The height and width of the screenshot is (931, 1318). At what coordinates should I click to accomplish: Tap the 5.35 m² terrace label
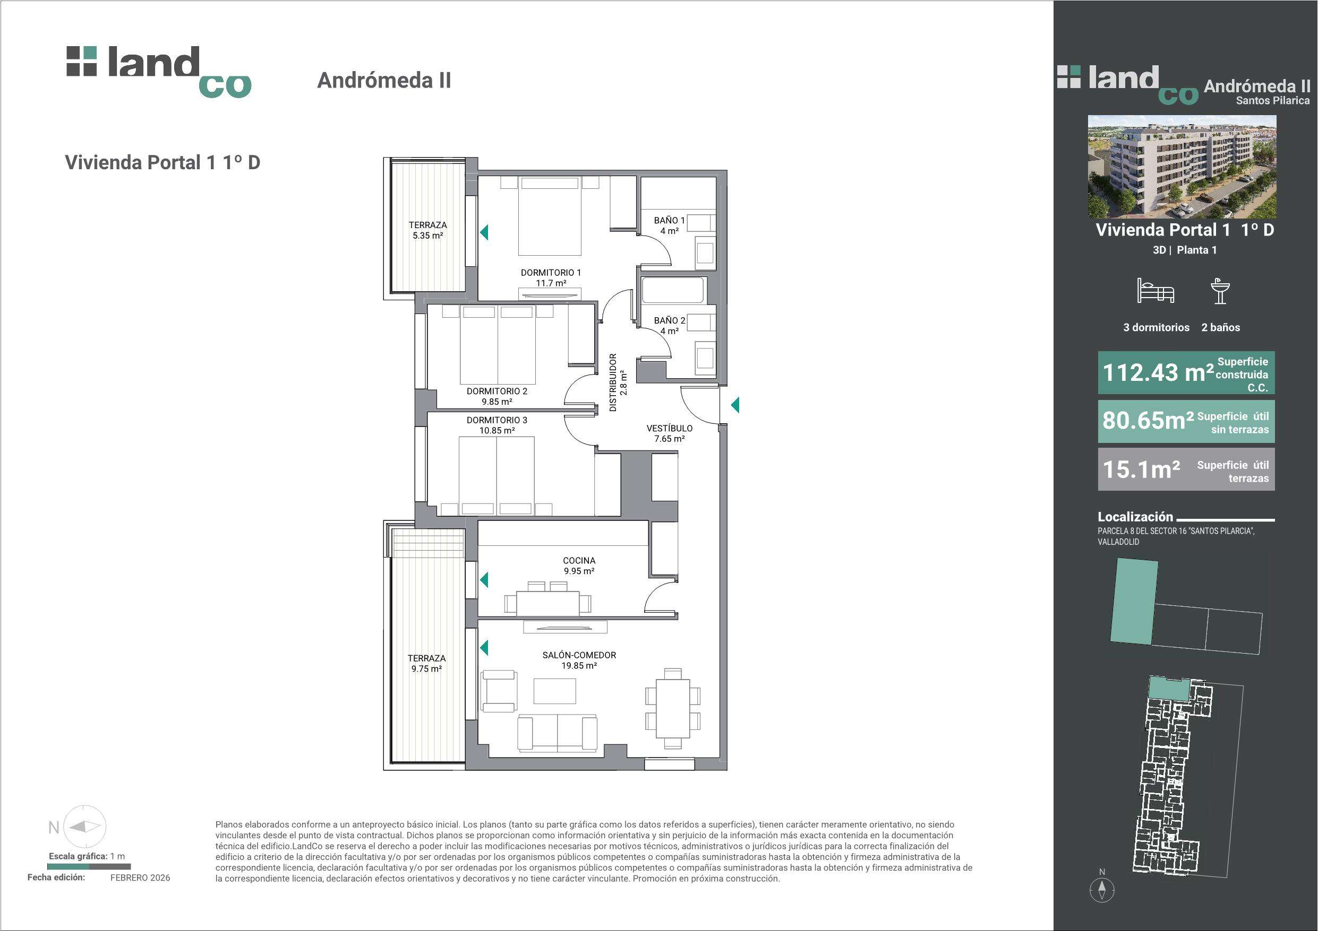coord(427,235)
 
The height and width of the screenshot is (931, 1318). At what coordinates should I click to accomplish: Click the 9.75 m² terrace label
coord(426,668)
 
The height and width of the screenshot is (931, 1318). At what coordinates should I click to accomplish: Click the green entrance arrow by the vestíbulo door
coord(735,405)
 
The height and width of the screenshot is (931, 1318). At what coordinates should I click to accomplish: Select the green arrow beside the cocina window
coord(484,580)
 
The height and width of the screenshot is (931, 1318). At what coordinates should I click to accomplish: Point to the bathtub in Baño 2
coord(673,290)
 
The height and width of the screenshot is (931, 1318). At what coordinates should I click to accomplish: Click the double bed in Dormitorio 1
coord(550,216)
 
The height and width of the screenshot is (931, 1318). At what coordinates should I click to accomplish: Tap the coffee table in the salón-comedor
coord(554,691)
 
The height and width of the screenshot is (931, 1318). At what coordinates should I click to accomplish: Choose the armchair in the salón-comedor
coord(499,691)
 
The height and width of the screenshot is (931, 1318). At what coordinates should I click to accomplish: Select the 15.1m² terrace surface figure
coord(1141,469)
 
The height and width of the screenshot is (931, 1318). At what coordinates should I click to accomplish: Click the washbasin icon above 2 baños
coord(1220,291)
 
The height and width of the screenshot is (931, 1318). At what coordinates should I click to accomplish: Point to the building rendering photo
coord(1182,167)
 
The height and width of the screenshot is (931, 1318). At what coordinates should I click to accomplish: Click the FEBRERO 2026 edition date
coord(140,877)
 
